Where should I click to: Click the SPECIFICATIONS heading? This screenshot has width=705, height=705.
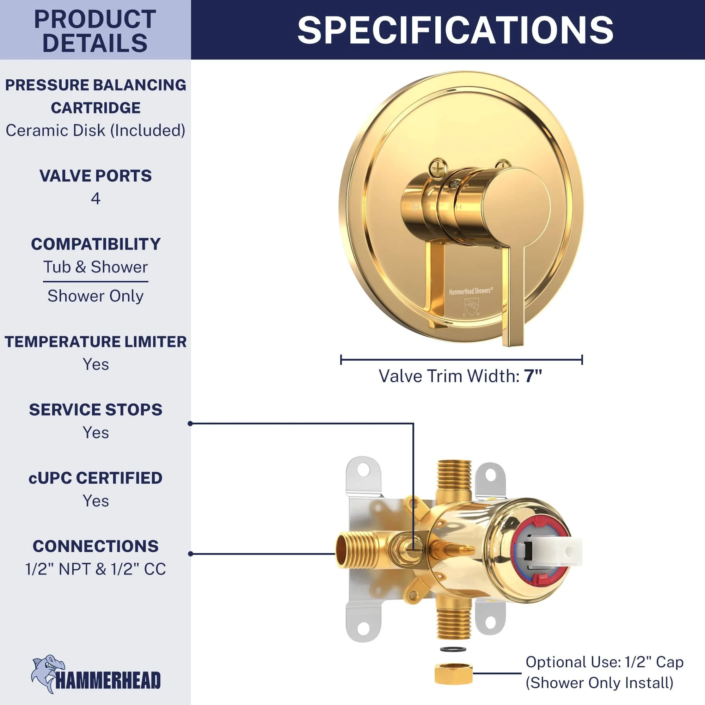455,30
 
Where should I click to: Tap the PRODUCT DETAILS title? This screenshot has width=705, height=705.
95,31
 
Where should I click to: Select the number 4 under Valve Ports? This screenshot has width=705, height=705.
96,198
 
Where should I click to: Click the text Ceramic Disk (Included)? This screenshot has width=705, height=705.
96,130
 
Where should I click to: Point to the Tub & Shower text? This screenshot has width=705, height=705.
96,267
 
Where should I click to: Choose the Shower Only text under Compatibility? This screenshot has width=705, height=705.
96,296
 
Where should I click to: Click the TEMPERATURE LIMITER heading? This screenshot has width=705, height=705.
96,342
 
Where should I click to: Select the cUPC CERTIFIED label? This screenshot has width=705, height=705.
96,478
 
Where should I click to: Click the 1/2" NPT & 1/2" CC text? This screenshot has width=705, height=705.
96,569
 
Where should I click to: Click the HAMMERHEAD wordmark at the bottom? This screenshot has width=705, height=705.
108,680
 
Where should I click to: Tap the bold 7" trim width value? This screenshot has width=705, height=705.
533,376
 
